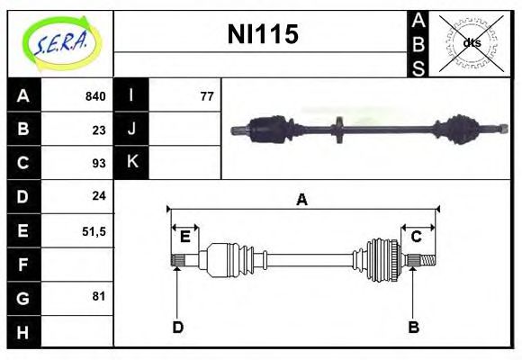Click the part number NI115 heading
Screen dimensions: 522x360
(263, 34)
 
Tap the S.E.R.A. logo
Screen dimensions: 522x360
(61, 43)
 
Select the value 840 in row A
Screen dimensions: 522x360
(95, 96)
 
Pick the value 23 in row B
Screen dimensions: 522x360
(99, 130)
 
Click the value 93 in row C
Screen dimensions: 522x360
(99, 163)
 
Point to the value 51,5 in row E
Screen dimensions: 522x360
(94, 231)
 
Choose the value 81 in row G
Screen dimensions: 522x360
(99, 296)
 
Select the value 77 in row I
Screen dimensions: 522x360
(207, 96)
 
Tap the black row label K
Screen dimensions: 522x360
(131, 162)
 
